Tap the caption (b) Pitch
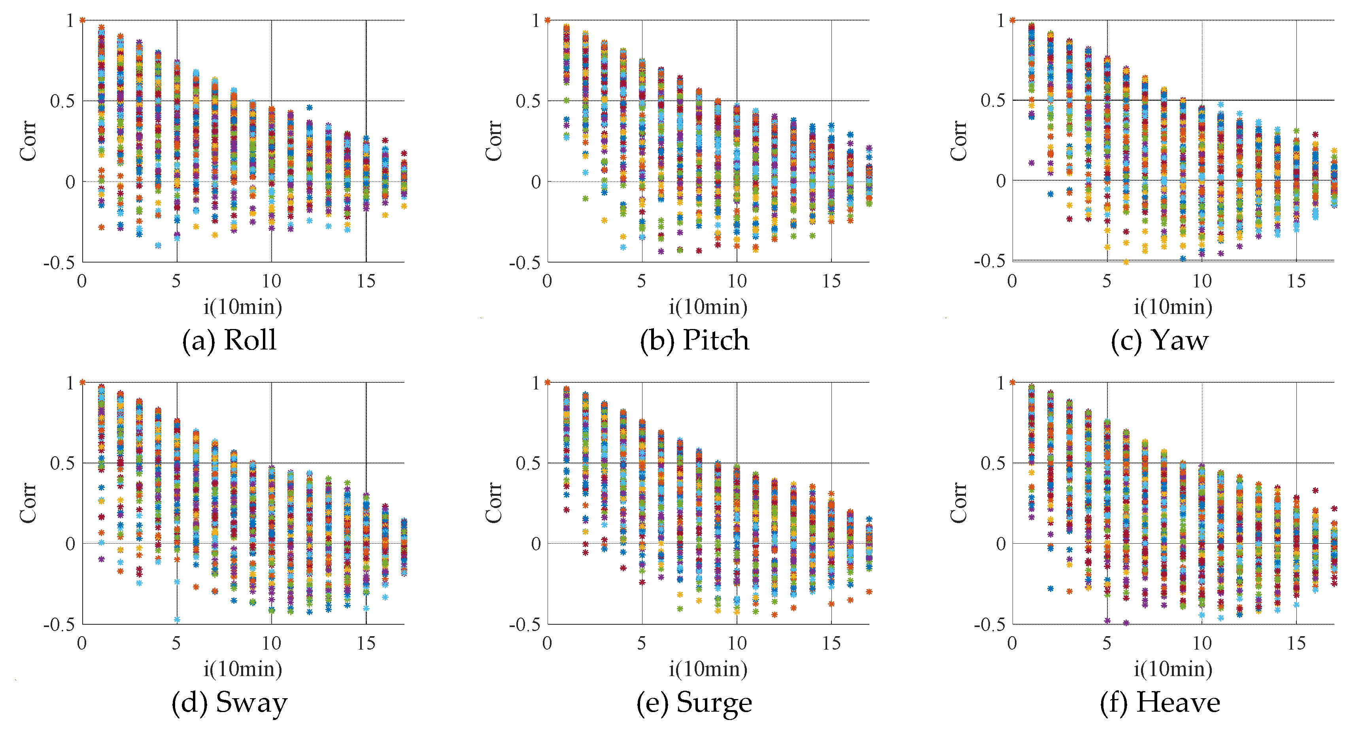[694, 340]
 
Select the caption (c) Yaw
[1159, 340]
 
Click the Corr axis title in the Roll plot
[28, 140]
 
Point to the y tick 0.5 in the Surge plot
[528, 463]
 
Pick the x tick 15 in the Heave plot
[1296, 644]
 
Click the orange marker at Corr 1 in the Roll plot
[83, 21]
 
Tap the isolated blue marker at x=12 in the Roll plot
[310, 108]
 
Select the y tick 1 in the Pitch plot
[536, 21]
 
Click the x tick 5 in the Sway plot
[177, 644]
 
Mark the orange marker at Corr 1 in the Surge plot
[548, 382]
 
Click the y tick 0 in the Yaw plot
[1001, 181]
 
